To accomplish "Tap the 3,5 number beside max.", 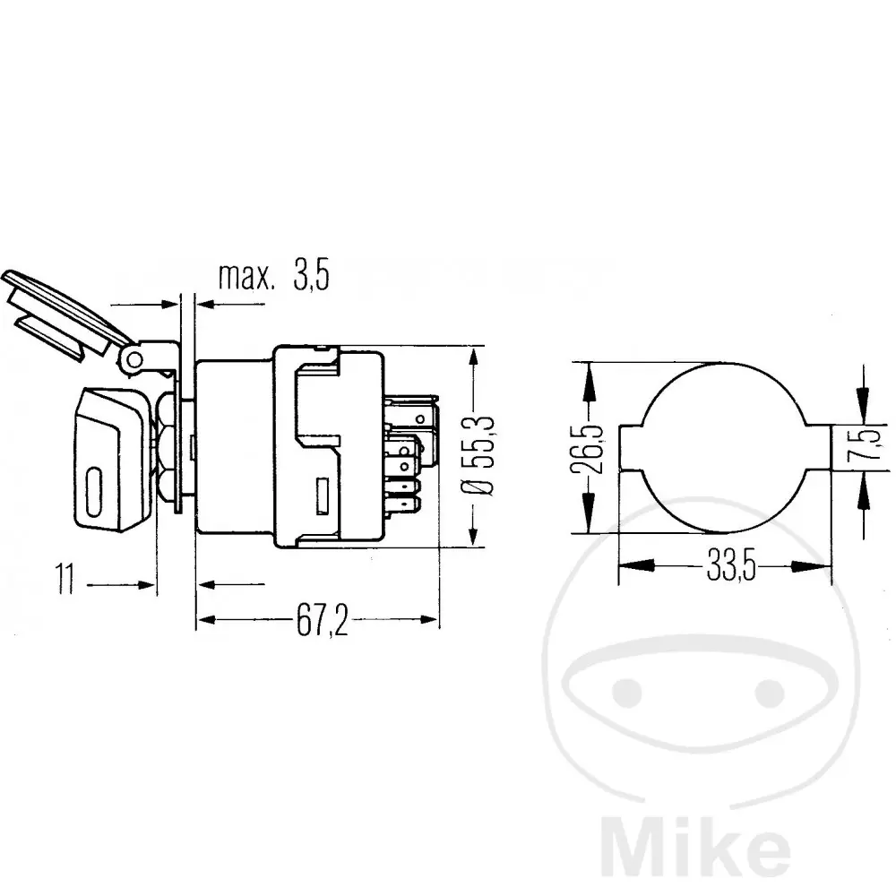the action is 312,275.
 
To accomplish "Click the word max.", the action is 246,276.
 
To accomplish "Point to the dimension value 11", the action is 65,578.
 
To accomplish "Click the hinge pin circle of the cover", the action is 134,360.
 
